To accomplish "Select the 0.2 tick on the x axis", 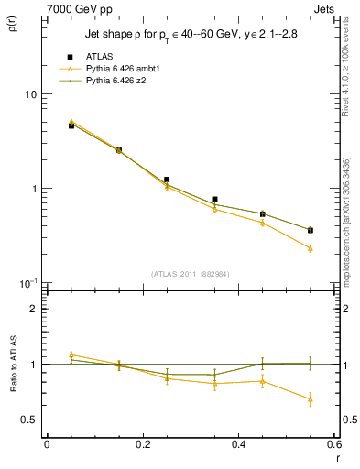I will tap(143, 444).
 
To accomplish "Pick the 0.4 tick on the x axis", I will tap(239, 444).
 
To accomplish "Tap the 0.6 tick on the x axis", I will tap(335, 444).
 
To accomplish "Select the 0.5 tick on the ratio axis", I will tap(30, 420).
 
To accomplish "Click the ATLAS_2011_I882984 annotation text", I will tap(191, 273).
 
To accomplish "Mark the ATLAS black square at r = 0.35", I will tap(214, 199).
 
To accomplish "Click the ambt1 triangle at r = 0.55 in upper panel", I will tap(311, 248).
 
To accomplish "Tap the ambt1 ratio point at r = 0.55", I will tap(311, 399).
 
